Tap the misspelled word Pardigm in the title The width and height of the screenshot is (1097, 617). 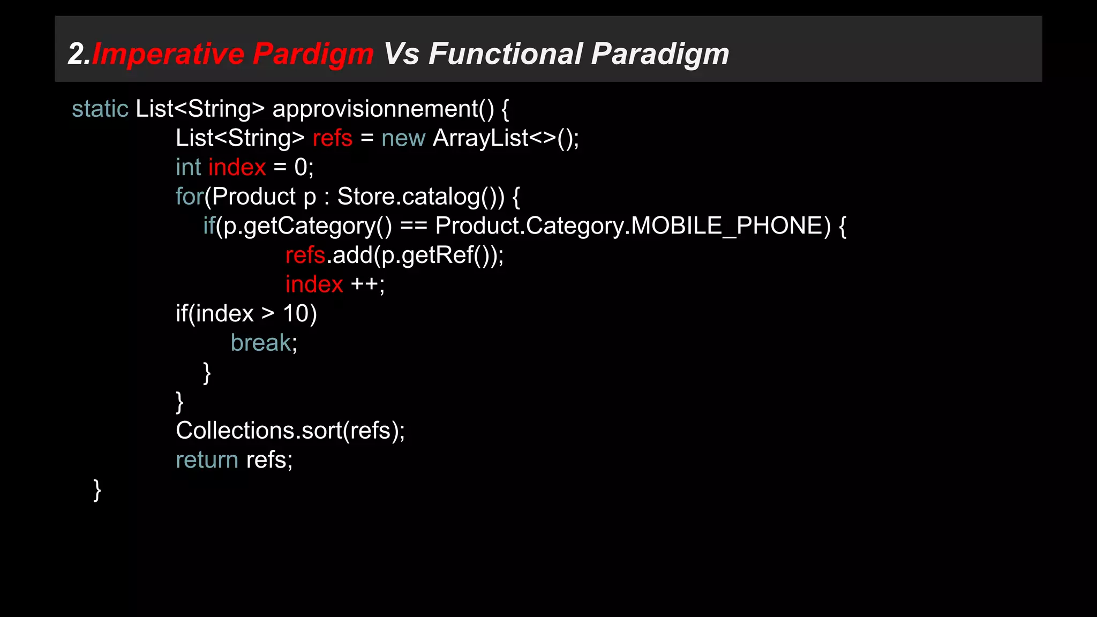313,54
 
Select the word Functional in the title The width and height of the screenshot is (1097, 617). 505,54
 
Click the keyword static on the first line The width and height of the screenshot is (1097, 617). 100,109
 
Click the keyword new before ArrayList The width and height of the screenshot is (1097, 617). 403,138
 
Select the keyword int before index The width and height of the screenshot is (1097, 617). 188,167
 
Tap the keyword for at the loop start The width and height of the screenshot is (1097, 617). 189,197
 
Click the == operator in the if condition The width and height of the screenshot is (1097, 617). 414,226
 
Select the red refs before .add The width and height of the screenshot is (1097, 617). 305,255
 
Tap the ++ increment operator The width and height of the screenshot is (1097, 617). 364,284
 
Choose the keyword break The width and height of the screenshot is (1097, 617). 261,343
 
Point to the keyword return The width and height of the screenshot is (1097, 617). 207,460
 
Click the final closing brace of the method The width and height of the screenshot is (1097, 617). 97,490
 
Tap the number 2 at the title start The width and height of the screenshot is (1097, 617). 76,54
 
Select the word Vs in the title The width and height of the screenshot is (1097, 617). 401,54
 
